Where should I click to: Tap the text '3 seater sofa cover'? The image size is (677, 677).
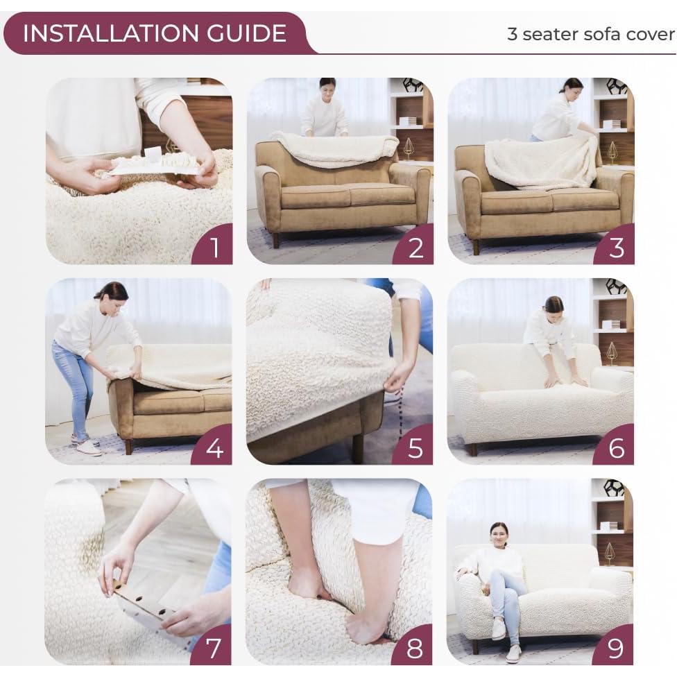click(590, 34)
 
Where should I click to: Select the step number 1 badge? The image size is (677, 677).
click(214, 247)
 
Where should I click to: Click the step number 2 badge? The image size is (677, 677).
click(415, 247)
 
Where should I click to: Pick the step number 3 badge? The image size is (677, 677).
click(616, 247)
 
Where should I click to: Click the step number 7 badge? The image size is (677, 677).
click(214, 648)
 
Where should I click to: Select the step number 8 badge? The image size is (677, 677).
click(415, 648)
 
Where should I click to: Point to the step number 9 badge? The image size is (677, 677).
click(616, 648)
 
